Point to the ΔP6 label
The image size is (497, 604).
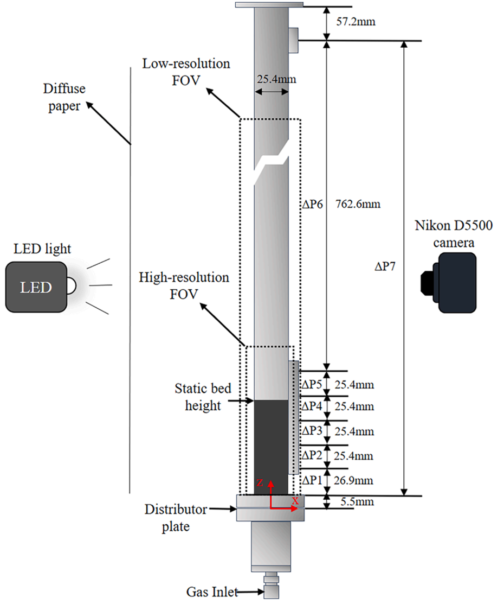coord(312,205)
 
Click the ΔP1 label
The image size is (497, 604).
coord(312,480)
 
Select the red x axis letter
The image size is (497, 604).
coord(295,501)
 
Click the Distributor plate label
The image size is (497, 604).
coord(175,518)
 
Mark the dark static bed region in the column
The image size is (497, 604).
coord(271,445)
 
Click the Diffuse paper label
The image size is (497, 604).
coord(67,97)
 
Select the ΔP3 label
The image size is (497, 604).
coord(312,430)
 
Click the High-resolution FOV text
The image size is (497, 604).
coord(184,285)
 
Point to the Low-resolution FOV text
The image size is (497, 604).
coord(186,72)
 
